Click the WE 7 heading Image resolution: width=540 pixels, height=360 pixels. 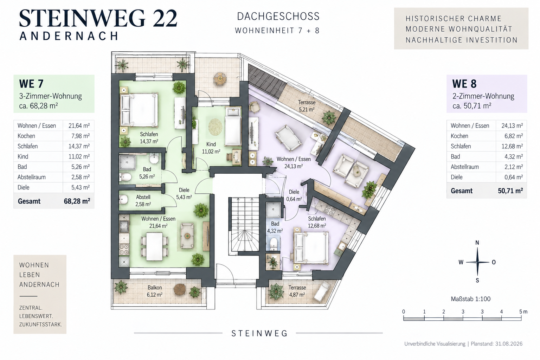(x=31, y=84)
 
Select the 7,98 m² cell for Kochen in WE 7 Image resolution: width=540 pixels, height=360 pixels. (x=81, y=136)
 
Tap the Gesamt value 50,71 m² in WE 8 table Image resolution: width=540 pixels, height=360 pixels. (x=510, y=191)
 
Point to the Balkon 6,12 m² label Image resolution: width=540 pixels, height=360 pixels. (x=155, y=291)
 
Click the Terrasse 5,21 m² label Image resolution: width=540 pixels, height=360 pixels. (x=307, y=106)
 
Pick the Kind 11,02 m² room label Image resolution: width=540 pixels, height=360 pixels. (x=211, y=148)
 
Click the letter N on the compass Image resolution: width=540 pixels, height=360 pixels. (x=477, y=243)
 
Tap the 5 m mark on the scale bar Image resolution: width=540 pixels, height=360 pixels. (x=523, y=311)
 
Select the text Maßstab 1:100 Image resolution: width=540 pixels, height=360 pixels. (x=471, y=299)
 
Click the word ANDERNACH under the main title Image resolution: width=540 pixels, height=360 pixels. (x=69, y=36)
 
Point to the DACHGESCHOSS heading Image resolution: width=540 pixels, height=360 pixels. (x=278, y=17)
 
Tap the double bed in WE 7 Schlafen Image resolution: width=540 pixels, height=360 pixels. (x=139, y=110)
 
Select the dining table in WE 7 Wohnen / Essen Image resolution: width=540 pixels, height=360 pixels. (x=154, y=246)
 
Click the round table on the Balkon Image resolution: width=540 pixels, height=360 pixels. (x=180, y=289)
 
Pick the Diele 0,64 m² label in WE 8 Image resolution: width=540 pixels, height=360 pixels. (x=294, y=195)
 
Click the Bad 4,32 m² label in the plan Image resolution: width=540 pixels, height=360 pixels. (x=275, y=227)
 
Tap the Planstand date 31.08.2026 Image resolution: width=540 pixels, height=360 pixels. (x=509, y=343)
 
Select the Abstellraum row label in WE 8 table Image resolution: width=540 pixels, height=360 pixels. (x=464, y=167)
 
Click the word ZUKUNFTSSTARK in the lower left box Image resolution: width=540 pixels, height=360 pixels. (x=40, y=324)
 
